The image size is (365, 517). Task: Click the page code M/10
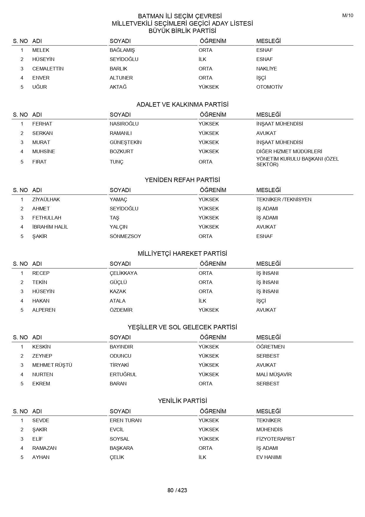pyautogui.click(x=348, y=16)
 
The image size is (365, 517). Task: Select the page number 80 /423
pyautogui.click(x=177, y=490)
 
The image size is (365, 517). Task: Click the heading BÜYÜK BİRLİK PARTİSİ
pyautogui.click(x=182, y=31)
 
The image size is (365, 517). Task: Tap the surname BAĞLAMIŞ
pyautogui.click(x=122, y=50)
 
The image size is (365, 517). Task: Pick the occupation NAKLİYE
pyautogui.click(x=266, y=69)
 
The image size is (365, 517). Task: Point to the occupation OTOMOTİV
pyautogui.click(x=269, y=87)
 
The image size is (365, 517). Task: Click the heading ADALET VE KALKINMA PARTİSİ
pyautogui.click(x=182, y=105)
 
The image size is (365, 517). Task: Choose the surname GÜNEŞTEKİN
pyautogui.click(x=125, y=142)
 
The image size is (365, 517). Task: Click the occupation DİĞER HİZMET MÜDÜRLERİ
pyautogui.click(x=289, y=151)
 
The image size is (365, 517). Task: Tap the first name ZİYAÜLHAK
pyautogui.click(x=46, y=199)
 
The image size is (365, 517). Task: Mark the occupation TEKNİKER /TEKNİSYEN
pyautogui.click(x=284, y=199)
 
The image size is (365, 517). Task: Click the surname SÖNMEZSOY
pyautogui.click(x=125, y=236)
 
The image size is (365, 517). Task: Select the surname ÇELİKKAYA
pyautogui.click(x=123, y=273)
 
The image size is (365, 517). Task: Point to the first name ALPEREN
pyautogui.click(x=44, y=310)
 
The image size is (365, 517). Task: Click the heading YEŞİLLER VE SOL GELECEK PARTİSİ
pyautogui.click(x=182, y=327)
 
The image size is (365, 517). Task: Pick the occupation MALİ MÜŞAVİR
pyautogui.click(x=274, y=374)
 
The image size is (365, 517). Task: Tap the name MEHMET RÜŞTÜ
pyautogui.click(x=52, y=365)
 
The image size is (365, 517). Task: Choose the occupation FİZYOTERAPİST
pyautogui.click(x=276, y=439)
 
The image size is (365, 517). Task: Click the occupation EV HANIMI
pyautogui.click(x=269, y=457)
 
